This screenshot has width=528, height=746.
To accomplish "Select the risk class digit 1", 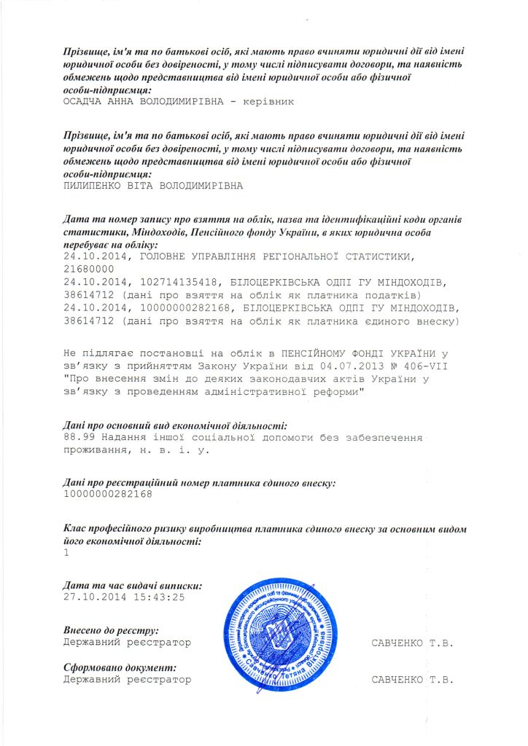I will pos(66,552).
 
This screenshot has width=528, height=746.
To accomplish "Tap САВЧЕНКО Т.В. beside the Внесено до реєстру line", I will pos(412,643).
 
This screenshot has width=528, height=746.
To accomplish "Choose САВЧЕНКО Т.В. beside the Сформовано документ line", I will pos(412,680).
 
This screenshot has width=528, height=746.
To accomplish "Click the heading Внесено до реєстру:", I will pos(111,630).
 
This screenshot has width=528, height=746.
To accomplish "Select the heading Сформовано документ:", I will pos(120,667).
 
